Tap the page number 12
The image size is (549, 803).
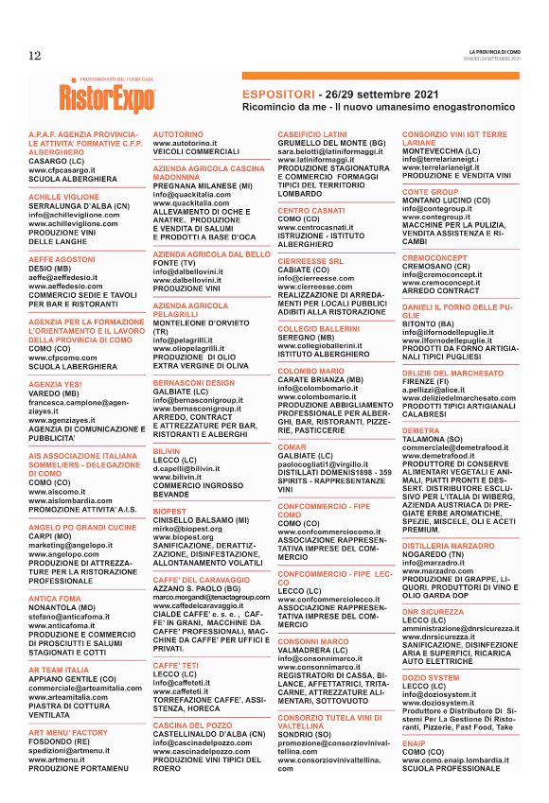click(34, 55)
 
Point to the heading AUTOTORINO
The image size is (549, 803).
click(180, 135)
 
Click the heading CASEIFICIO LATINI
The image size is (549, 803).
click(312, 135)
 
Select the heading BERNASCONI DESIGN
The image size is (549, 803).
click(193, 381)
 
